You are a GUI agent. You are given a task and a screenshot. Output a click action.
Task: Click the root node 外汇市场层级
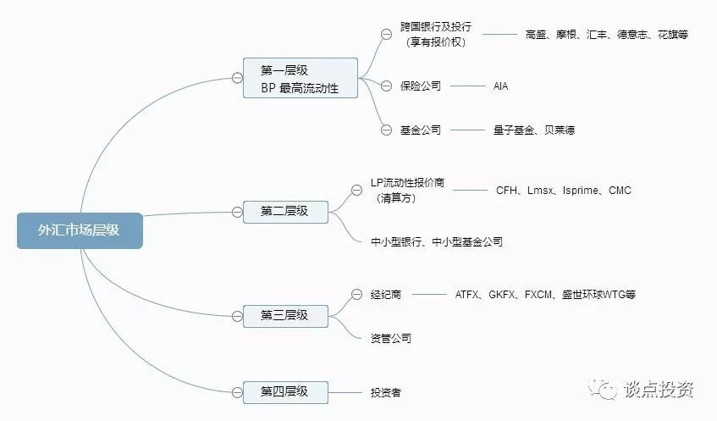pos(79,230)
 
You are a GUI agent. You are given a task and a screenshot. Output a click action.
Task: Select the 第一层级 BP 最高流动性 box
pos(301,78)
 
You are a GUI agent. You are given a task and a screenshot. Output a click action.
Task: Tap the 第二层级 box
pos(284,211)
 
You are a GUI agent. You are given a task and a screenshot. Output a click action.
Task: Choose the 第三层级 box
pos(284,315)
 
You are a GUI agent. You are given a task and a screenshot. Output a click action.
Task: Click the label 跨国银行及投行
pos(436,27)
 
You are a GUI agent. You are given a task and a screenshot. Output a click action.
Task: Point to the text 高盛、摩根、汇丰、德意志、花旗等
pos(606,35)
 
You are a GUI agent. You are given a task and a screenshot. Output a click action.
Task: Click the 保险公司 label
pos(421,86)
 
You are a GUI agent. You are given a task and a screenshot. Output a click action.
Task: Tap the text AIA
pos(500,86)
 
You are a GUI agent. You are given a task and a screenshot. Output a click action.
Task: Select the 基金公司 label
pos(421,130)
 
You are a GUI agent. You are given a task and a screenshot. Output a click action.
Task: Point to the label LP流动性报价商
pos(407,183)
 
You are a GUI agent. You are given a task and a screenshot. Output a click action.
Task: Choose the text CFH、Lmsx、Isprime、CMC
pos(563,191)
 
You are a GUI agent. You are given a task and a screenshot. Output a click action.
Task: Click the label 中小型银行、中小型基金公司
pos(436,241)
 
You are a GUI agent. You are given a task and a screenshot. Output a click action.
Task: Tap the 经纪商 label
pos(385,294)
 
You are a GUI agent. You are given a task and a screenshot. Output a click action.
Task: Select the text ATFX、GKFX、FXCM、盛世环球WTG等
pos(545,294)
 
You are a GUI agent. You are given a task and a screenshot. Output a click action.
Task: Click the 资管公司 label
pos(390,338)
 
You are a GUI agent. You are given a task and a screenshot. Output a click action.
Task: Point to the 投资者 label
pos(385,392)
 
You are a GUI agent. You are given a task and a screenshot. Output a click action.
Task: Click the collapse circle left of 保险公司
pos(386,86)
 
